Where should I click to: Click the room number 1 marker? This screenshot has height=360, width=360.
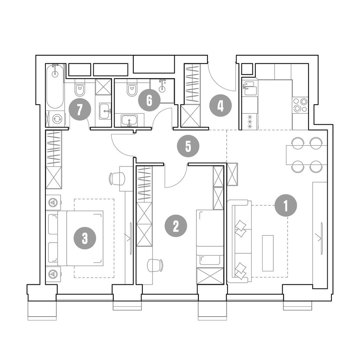click(x=286, y=205)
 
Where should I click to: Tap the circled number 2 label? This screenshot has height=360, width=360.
click(x=176, y=226)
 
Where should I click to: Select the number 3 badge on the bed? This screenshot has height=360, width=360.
click(x=85, y=239)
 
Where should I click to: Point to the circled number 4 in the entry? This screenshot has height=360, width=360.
click(x=220, y=106)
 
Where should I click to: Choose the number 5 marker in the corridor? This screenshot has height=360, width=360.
click(x=188, y=146)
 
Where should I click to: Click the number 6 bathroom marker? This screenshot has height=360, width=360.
click(x=149, y=100)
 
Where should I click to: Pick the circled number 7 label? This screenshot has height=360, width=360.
click(x=80, y=110)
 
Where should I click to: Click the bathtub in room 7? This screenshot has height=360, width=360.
click(x=55, y=86)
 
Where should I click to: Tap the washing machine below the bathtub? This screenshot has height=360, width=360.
click(x=57, y=119)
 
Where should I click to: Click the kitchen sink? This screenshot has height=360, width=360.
click(x=249, y=88)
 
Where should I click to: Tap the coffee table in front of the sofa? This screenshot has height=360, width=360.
click(x=268, y=253)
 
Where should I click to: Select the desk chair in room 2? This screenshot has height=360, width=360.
click(x=155, y=265)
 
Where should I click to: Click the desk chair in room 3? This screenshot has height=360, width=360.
click(x=117, y=178)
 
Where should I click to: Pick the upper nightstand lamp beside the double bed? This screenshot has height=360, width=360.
click(x=53, y=202)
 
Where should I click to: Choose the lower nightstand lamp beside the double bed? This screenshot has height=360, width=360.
click(x=53, y=274)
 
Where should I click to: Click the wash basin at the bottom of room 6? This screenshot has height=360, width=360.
click(x=129, y=120)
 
